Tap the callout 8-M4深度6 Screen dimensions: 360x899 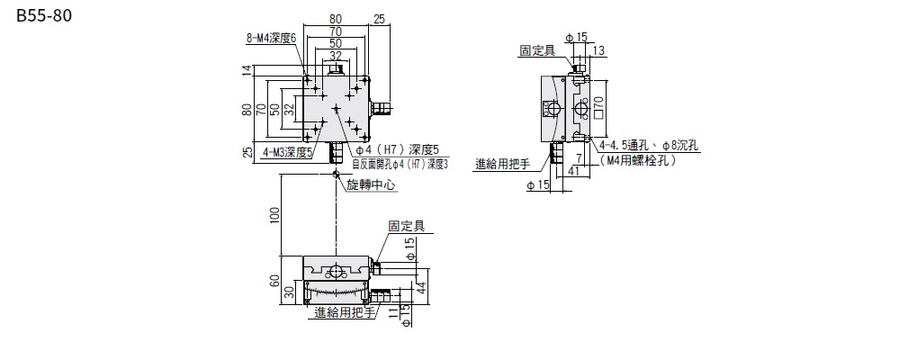pyautogui.click(x=270, y=38)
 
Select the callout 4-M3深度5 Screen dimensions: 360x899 pyautogui.click(x=287, y=153)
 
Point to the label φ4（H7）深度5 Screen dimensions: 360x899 pyautogui.click(x=397, y=149)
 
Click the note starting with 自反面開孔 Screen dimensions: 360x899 pyautogui.click(x=400, y=163)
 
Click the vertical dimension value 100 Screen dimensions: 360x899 pyautogui.click(x=275, y=214)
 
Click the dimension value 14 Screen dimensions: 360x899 pyautogui.click(x=247, y=70)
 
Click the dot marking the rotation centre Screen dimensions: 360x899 pyautogui.click(x=336, y=174)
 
